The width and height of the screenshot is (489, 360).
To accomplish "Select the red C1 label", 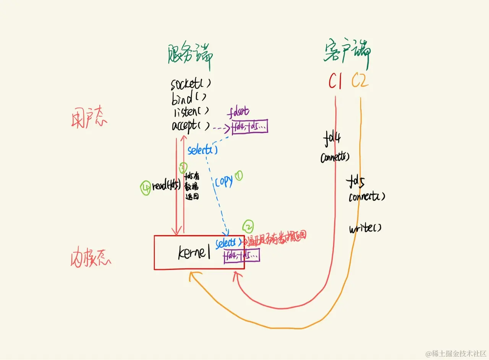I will click(335, 81).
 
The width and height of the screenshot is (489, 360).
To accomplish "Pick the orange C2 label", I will click(360, 81).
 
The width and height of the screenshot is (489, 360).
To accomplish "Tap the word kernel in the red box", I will click(194, 252).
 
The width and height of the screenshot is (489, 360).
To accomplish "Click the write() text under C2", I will click(365, 229).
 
